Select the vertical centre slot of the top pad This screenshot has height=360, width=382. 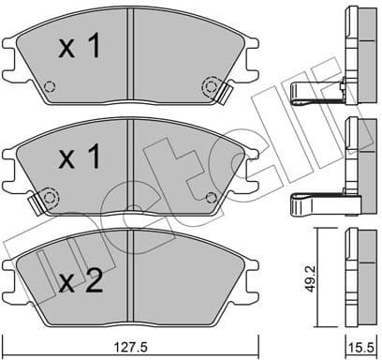click(x=134, y=52)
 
